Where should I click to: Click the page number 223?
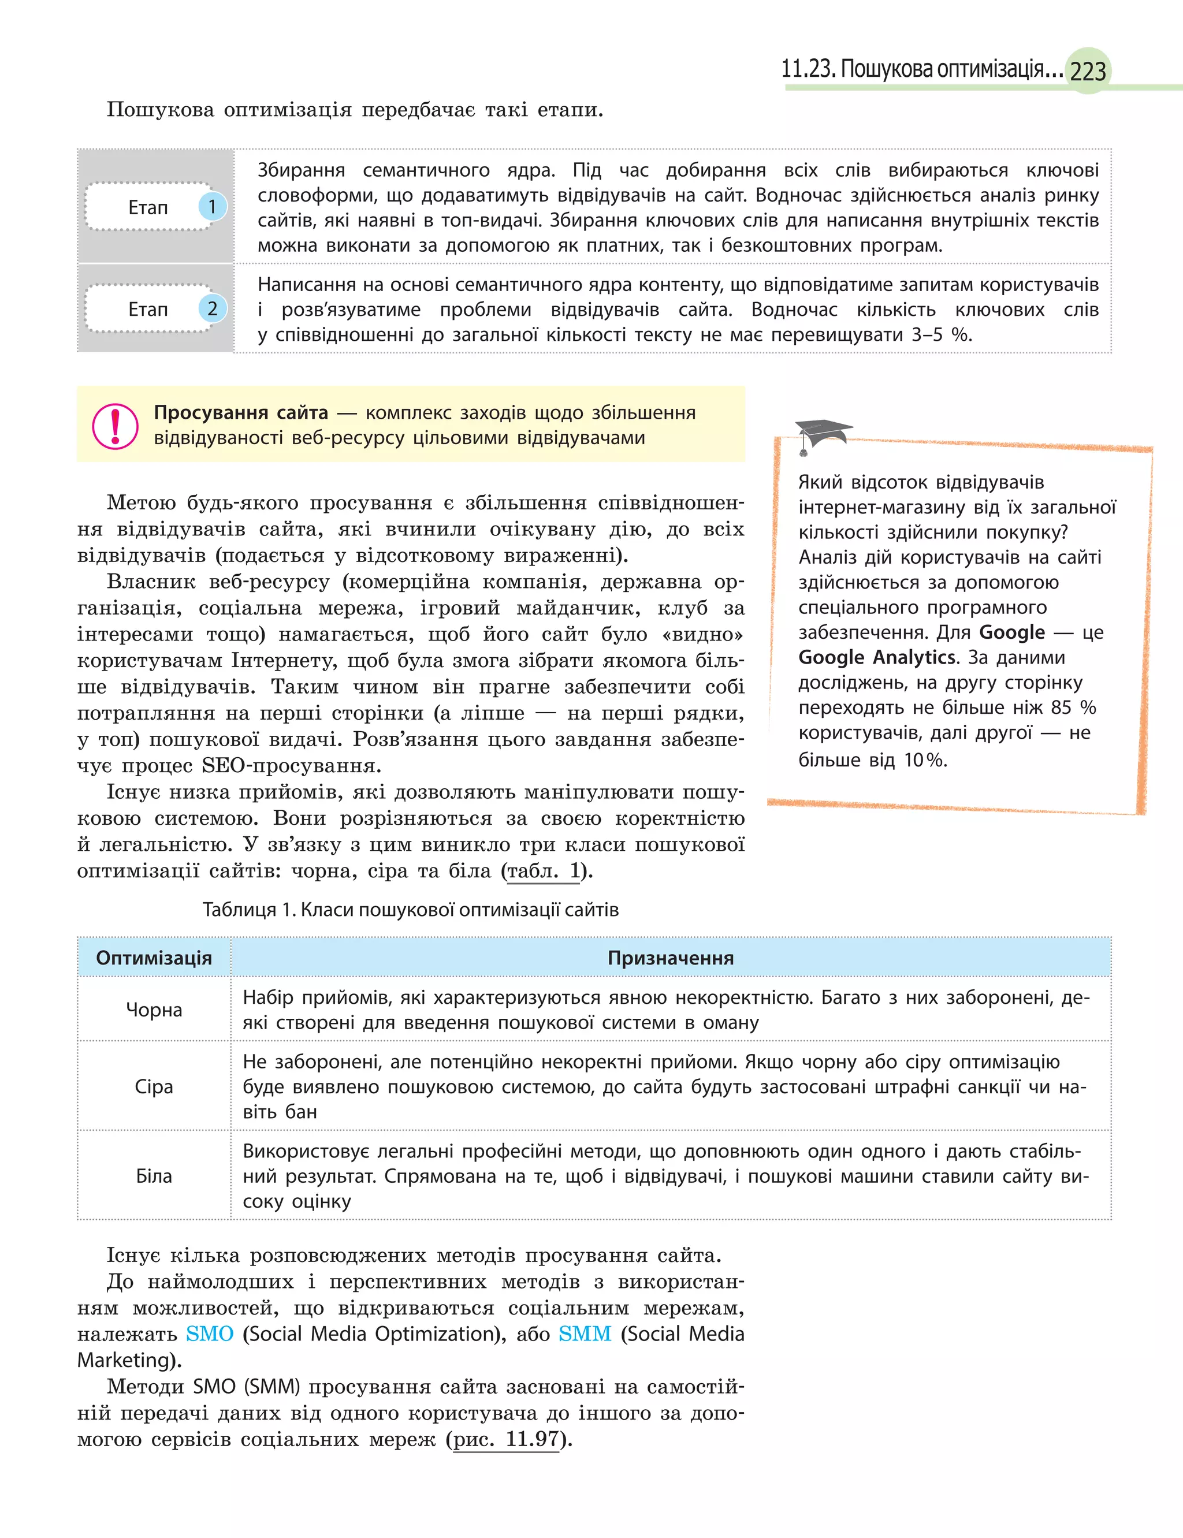coord(1088,71)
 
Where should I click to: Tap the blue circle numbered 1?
coord(212,206)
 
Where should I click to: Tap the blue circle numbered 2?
coord(212,308)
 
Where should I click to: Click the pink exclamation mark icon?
coord(115,425)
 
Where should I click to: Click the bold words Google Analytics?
coord(877,657)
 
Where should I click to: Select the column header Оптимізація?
coord(154,958)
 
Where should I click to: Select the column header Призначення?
coord(671,958)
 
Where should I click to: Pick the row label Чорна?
coord(154,1010)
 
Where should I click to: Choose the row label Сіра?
coord(154,1086)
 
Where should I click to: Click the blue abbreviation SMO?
coord(209,1334)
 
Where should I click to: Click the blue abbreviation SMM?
coord(585,1334)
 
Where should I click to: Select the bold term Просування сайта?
coord(241,412)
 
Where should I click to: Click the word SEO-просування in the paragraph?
coord(291,765)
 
